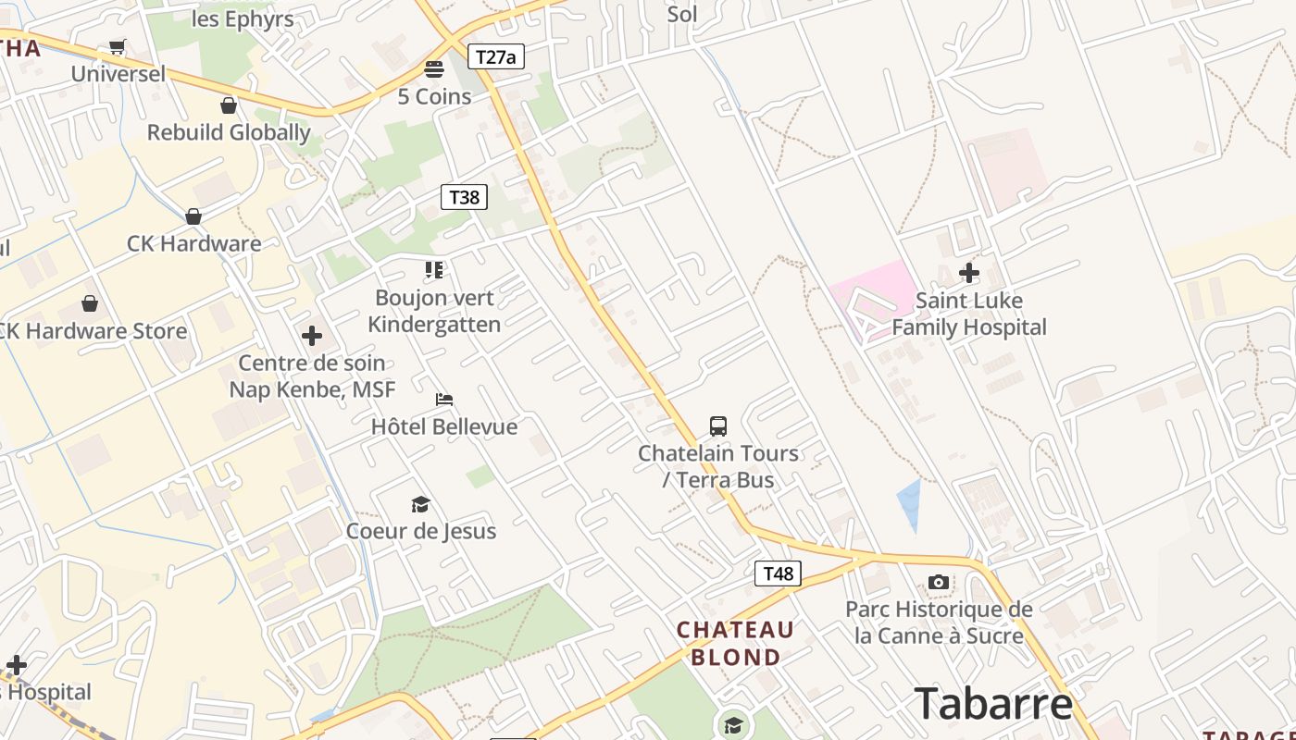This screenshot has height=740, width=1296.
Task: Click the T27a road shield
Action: [x=495, y=57]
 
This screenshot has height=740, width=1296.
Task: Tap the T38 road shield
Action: [x=464, y=197]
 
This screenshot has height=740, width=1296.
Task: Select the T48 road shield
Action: [x=778, y=573]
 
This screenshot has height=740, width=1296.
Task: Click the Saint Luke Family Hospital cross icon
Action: [x=969, y=273]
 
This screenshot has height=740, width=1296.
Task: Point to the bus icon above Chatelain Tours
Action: [x=718, y=426]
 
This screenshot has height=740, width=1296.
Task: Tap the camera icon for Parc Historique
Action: [x=939, y=582]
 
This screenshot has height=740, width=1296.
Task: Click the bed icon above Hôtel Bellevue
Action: [x=444, y=400]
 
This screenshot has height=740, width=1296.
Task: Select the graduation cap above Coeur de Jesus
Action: [x=421, y=504]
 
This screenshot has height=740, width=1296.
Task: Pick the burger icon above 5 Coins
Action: [x=434, y=69]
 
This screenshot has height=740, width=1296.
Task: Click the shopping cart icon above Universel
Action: [x=118, y=46]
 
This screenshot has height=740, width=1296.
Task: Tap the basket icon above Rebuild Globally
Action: [x=229, y=105]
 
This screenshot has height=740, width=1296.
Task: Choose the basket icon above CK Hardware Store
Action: [x=90, y=303]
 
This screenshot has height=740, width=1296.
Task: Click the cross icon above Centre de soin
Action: [x=312, y=335]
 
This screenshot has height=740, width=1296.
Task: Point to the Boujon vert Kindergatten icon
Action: [x=434, y=270]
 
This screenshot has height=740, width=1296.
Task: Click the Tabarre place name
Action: [x=993, y=703]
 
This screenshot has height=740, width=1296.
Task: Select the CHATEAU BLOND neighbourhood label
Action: [x=735, y=644]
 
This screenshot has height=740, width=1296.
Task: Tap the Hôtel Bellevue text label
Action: [x=444, y=426]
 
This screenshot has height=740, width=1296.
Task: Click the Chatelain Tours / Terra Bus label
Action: [x=718, y=466]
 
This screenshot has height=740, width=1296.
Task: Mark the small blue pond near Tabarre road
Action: [x=910, y=504]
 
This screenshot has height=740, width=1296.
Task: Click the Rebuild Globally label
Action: [x=229, y=132]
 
